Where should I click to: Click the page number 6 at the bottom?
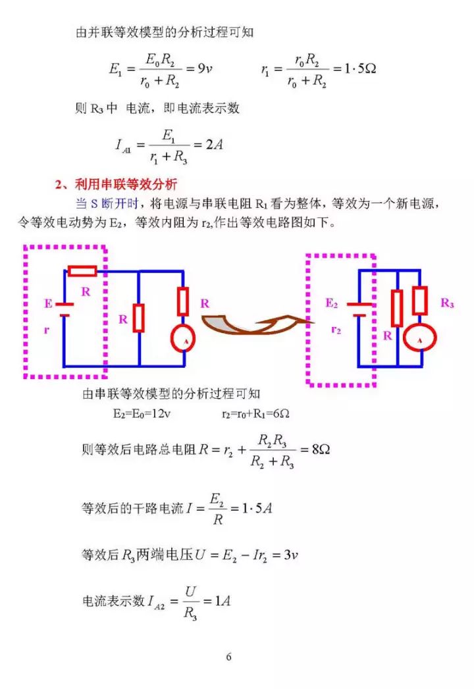(x=228, y=657)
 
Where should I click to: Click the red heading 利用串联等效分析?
(x=126, y=184)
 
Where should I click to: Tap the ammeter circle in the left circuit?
(x=183, y=338)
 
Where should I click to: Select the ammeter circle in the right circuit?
(x=420, y=338)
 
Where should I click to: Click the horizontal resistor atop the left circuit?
(x=82, y=270)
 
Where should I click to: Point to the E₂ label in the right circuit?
(x=332, y=303)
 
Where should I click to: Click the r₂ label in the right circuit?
(x=336, y=330)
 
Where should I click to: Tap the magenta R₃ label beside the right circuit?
(x=447, y=303)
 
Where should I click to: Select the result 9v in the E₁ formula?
(x=205, y=68)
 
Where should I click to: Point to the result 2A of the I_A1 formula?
(x=214, y=144)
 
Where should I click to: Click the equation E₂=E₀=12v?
(x=142, y=413)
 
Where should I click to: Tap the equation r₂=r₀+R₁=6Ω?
(x=255, y=413)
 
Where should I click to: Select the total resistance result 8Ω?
(x=321, y=449)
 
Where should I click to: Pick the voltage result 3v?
(x=290, y=555)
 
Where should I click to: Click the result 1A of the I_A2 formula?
(x=223, y=601)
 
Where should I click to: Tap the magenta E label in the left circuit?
(x=48, y=303)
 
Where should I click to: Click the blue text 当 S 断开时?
(x=107, y=203)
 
